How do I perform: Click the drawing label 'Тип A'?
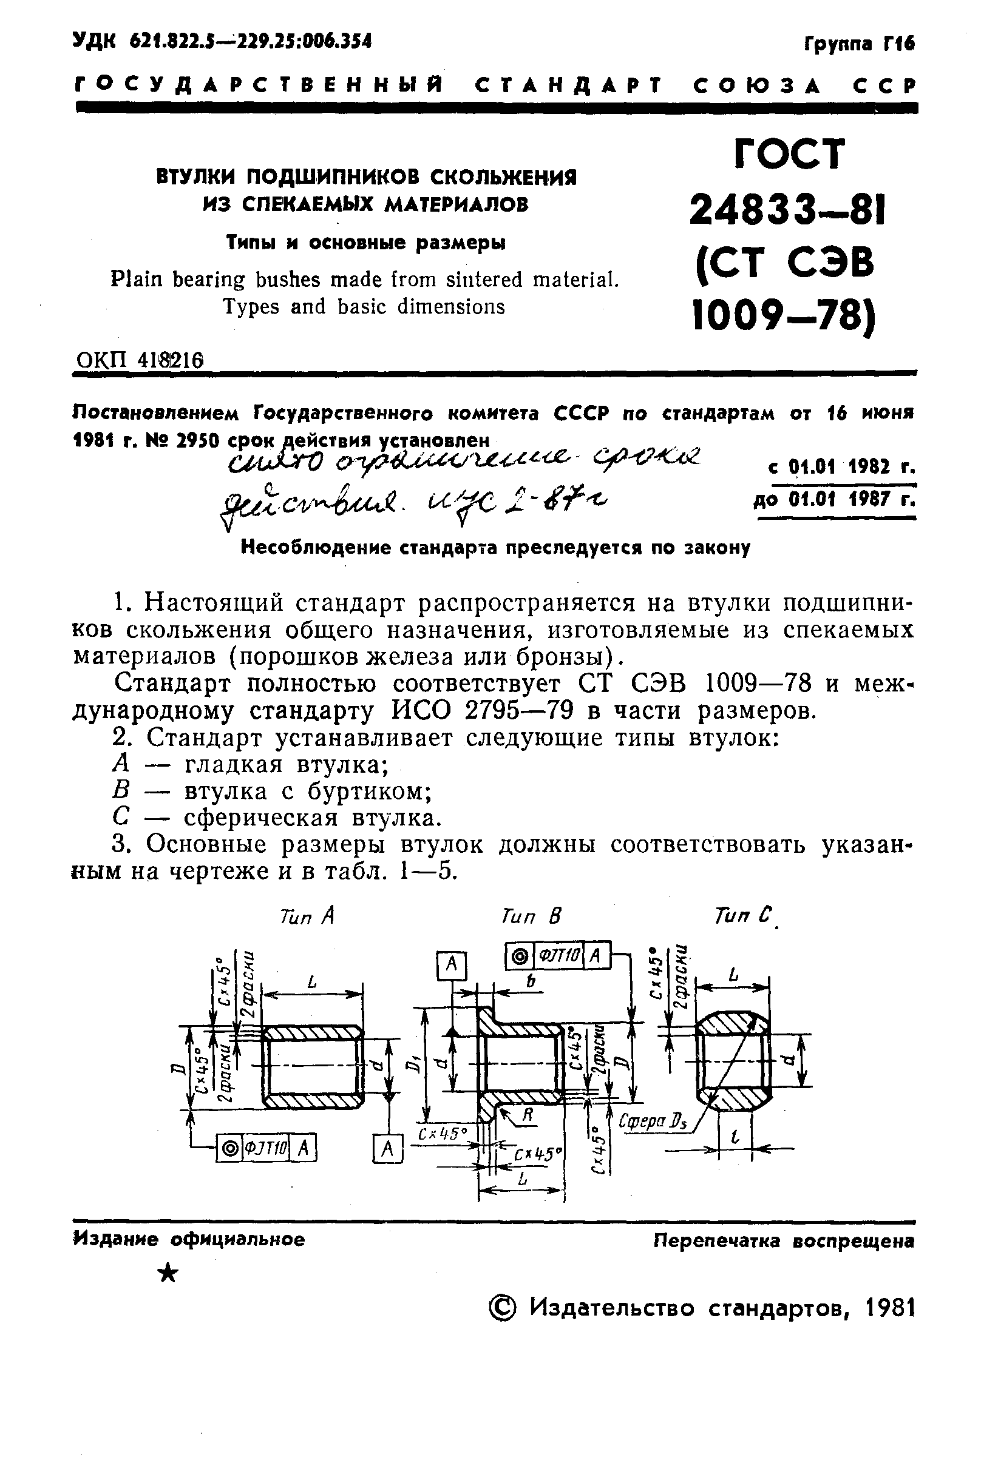(x=307, y=916)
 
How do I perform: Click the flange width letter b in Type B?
(x=531, y=982)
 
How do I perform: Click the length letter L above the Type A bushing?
(x=312, y=982)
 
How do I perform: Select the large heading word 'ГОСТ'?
(x=790, y=154)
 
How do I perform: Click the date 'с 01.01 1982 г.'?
(x=841, y=467)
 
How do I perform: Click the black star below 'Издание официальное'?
(x=168, y=1271)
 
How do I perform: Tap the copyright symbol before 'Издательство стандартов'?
(x=503, y=1307)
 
